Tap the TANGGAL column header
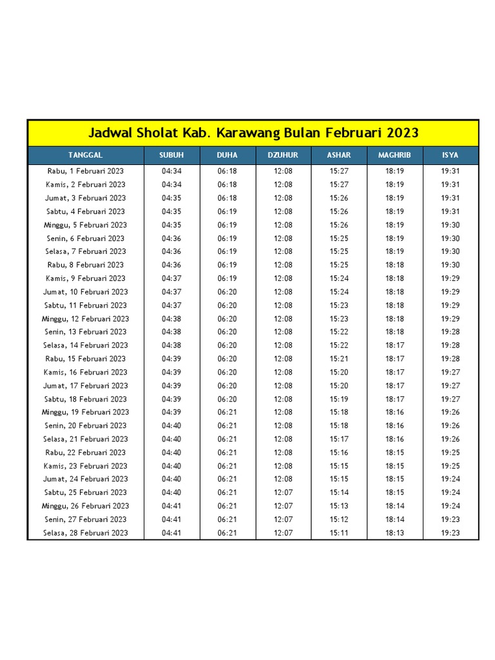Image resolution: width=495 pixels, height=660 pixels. click(86, 155)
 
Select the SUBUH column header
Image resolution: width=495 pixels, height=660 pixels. click(171, 155)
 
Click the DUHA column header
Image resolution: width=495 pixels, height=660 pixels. click(227, 155)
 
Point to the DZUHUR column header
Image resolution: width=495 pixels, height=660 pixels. click(283, 155)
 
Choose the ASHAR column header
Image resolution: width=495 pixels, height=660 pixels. click(339, 155)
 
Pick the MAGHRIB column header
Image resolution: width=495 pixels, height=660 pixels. click(394, 155)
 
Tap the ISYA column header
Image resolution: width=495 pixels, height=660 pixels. click(451, 155)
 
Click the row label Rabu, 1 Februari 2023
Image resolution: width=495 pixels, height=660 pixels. click(86, 171)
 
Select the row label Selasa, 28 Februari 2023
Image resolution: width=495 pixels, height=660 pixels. click(86, 533)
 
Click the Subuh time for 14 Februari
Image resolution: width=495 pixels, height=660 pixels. click(171, 345)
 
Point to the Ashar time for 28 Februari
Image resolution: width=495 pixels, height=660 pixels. click(339, 533)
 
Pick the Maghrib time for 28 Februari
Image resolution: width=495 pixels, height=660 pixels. click(394, 533)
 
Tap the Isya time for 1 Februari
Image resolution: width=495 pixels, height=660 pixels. click(451, 171)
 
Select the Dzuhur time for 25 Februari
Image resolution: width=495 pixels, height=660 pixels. click(283, 492)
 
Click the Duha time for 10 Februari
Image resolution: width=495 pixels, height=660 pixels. click(227, 292)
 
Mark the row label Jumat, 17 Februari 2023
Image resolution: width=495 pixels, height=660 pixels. click(86, 385)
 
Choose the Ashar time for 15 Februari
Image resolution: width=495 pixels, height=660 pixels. click(339, 359)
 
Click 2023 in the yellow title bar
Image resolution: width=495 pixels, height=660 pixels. click(403, 133)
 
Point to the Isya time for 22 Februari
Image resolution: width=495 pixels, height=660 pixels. click(451, 452)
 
